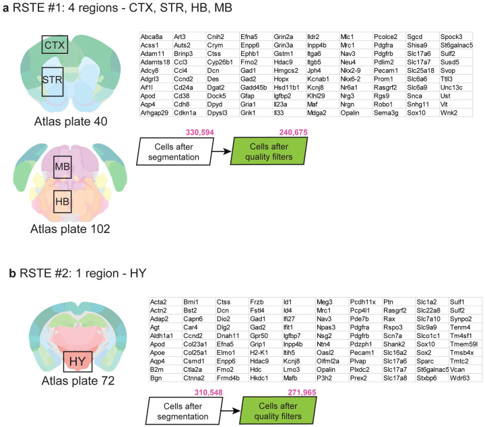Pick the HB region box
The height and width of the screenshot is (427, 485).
(63, 201)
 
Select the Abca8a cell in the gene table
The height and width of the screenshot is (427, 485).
(151, 35)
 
